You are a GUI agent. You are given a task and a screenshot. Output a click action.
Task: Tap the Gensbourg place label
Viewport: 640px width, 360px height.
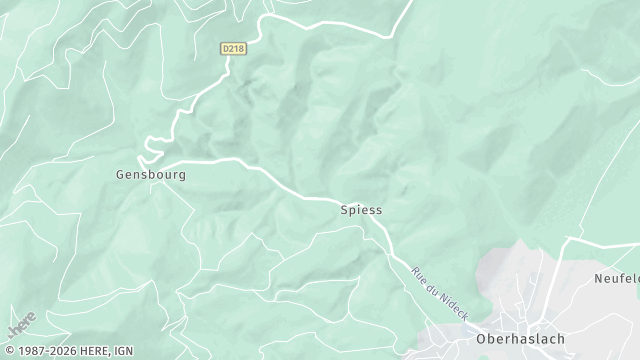[151, 174]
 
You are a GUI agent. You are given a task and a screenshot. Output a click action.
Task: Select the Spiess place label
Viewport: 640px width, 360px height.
[361, 210]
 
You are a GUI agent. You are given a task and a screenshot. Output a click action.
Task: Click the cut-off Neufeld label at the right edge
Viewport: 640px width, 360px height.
[616, 278]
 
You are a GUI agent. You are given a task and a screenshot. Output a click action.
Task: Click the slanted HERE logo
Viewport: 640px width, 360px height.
[21, 324]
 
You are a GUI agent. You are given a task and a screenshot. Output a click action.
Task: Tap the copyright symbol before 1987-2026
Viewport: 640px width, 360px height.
[7, 351]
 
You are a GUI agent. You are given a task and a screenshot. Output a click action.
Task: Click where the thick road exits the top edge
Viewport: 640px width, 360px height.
[410, 3]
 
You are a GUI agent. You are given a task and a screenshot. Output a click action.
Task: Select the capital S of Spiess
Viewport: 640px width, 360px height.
[344, 210]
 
